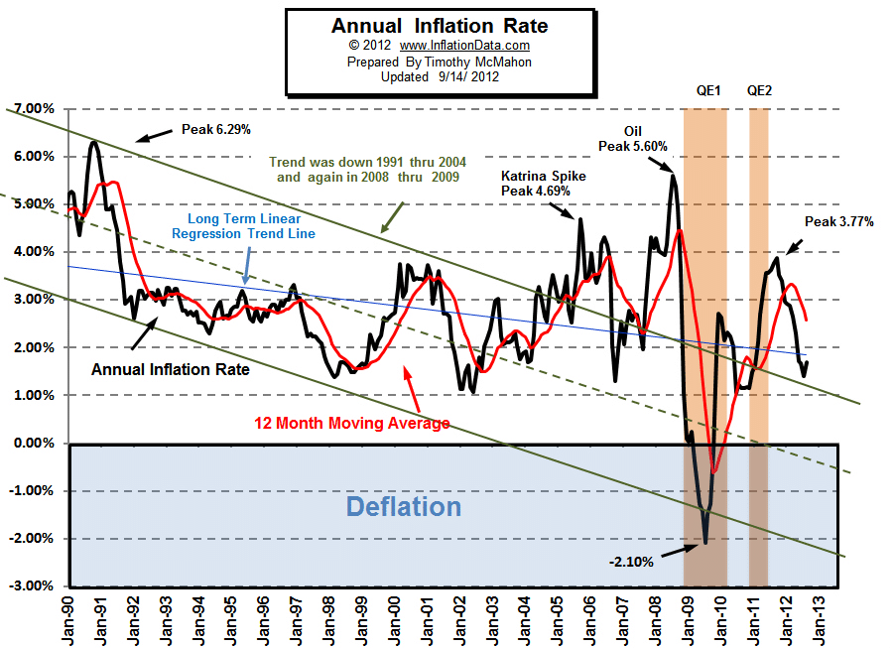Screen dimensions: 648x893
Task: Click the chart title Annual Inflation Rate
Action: click(x=439, y=26)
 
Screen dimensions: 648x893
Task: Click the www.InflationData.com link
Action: click(x=465, y=46)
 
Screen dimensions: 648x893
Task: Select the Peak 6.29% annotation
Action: click(x=215, y=129)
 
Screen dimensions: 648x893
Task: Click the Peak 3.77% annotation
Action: click(x=839, y=222)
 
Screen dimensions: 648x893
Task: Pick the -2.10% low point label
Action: click(x=631, y=562)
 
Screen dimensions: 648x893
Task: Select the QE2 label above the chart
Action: click(x=759, y=90)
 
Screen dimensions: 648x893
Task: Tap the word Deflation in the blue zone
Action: click(x=403, y=507)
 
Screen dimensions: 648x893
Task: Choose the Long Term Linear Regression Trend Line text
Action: click(x=244, y=226)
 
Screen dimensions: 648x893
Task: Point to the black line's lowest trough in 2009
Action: click(x=705, y=543)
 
